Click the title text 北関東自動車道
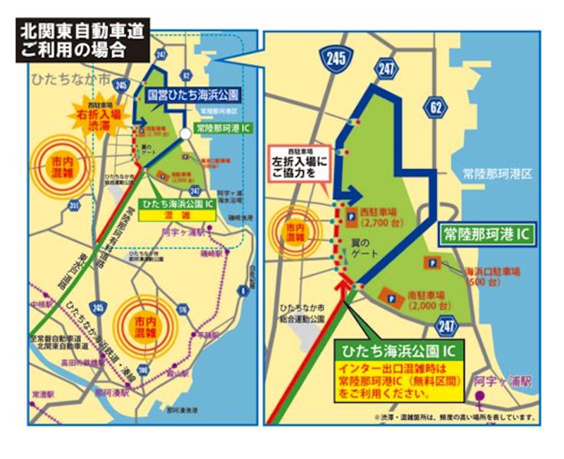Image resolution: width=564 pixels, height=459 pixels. point(82,32)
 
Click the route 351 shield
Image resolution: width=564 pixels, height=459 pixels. point(74,206)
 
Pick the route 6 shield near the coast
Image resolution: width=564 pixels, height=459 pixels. point(244,289)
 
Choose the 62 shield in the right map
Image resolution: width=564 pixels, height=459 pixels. point(433,108)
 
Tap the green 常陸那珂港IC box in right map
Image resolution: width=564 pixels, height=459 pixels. point(486,232)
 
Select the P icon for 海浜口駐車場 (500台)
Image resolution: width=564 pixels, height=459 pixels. point(430,263)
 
